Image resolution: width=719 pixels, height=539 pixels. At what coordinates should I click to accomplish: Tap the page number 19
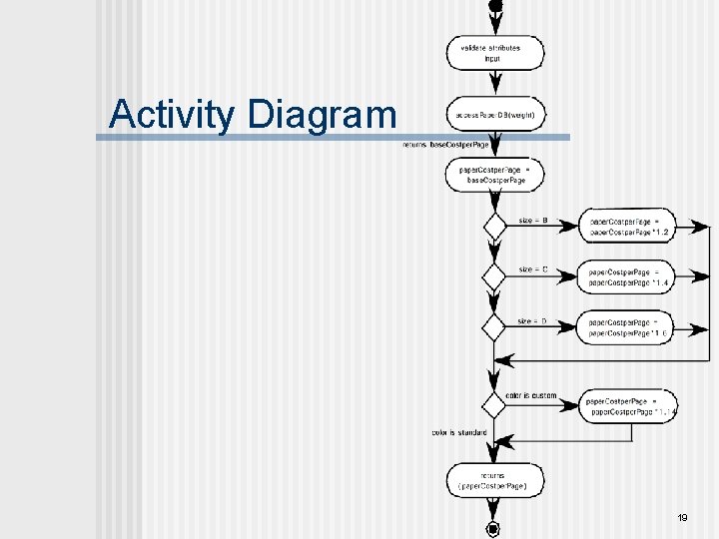[x=683, y=518]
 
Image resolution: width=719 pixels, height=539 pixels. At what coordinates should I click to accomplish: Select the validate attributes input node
[x=495, y=53]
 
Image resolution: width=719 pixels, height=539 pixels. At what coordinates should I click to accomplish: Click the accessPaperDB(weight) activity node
[x=495, y=115]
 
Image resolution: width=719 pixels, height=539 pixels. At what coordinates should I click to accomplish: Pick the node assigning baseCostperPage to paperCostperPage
[x=495, y=176]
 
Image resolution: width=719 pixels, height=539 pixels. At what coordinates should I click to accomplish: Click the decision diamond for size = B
[x=495, y=226]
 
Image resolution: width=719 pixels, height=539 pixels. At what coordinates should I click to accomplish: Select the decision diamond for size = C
[x=495, y=275]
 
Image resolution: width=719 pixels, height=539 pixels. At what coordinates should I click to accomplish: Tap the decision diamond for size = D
[x=495, y=325]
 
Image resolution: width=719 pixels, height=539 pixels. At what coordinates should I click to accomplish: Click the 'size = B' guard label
[x=532, y=221]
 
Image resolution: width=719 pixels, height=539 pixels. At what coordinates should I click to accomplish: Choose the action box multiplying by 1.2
[x=628, y=227]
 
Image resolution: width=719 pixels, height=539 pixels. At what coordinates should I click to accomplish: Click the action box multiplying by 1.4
[x=628, y=276]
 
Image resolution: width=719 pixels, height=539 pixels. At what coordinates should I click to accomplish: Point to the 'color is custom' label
[x=531, y=396]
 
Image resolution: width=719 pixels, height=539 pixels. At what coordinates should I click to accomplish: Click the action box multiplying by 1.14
[x=632, y=405]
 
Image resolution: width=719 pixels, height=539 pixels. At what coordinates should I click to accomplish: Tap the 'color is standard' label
[x=459, y=433]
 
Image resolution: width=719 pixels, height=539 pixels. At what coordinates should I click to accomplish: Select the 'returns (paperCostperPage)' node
[x=495, y=480]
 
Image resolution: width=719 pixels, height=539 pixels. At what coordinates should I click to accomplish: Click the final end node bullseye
[x=492, y=528]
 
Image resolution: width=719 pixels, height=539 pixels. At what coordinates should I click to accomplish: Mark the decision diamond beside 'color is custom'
[x=494, y=405]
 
